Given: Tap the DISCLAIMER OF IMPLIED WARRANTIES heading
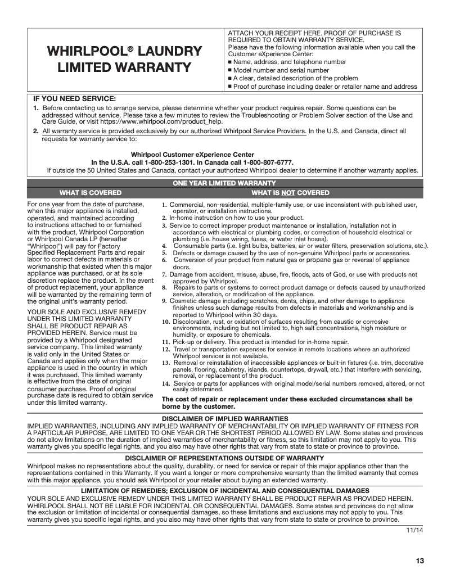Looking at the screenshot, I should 225,419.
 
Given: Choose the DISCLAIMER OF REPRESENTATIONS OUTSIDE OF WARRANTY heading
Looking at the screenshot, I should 224,458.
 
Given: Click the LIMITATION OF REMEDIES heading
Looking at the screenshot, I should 225,490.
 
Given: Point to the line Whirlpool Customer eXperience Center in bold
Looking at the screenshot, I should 192,155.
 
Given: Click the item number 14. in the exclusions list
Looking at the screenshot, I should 166,383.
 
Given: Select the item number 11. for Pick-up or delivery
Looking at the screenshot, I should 166,342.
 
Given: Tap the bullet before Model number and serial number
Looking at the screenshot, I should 230,71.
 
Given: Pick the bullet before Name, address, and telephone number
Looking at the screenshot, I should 230,62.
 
